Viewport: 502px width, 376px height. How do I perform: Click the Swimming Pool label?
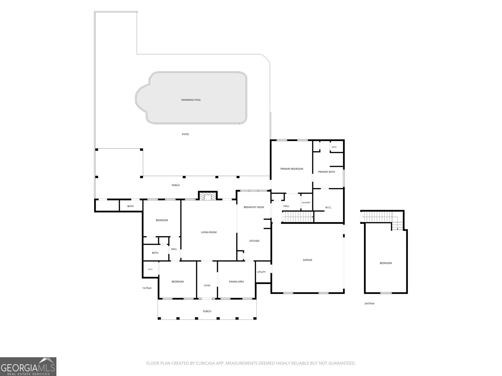point(191,100)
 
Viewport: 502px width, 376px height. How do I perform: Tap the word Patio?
point(185,134)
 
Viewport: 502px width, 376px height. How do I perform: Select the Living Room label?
point(209,232)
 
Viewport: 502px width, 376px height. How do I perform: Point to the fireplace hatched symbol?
point(208,196)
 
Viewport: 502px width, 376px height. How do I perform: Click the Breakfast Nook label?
point(254,207)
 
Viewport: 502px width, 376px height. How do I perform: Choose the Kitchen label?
point(254,241)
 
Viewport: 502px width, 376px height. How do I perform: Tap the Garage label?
point(307,260)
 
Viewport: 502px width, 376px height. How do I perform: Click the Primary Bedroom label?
point(291,169)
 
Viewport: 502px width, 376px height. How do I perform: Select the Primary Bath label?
point(326,172)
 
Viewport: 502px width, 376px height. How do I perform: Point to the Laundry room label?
point(306,202)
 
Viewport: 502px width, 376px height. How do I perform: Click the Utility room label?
point(261,272)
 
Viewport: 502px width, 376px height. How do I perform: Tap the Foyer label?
point(207,285)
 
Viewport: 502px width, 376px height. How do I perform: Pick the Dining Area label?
point(236,281)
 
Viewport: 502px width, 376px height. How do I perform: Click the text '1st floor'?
point(147,288)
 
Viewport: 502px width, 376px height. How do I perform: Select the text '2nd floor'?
point(369,303)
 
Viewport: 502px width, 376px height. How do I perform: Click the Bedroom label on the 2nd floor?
point(386,263)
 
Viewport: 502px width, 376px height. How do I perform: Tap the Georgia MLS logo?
point(28,367)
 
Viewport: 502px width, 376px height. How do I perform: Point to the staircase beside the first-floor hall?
point(298,217)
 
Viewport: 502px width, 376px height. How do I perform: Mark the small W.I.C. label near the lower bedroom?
point(150,269)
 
